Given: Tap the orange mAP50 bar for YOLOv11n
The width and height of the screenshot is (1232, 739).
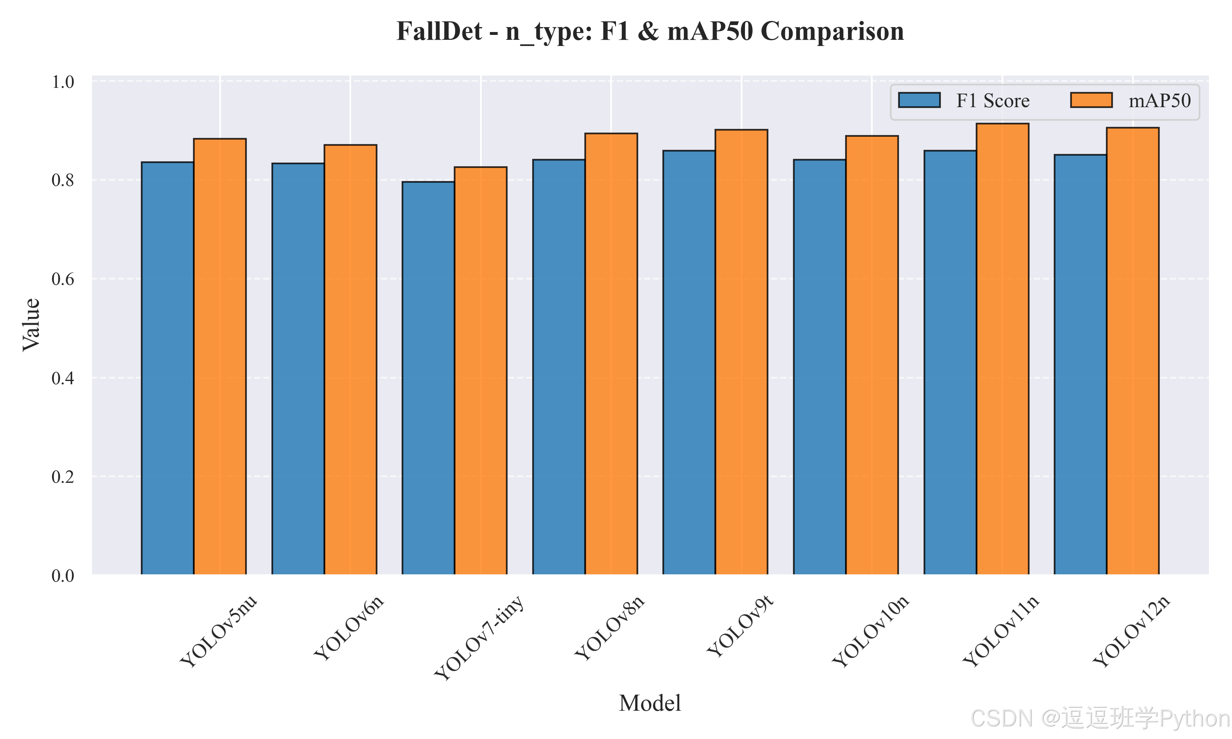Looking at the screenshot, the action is click(x=1002, y=349).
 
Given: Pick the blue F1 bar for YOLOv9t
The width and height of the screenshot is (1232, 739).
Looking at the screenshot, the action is click(x=689, y=363).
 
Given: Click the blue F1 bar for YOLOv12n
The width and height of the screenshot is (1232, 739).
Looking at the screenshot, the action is click(x=1080, y=365).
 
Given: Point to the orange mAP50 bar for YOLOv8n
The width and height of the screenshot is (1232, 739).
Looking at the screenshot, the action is click(x=611, y=354).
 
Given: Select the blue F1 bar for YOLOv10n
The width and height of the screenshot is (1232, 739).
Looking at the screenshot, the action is click(x=820, y=367).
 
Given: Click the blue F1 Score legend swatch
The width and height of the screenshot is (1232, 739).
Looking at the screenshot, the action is click(x=919, y=100).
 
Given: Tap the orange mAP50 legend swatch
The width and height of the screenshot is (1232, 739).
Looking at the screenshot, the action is click(x=1091, y=100).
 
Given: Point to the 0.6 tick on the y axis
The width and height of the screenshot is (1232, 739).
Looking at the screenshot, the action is click(x=63, y=279).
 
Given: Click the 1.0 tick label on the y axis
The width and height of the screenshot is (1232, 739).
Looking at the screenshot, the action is click(x=63, y=82).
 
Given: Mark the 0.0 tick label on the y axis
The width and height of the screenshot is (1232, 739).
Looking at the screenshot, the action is click(x=63, y=576).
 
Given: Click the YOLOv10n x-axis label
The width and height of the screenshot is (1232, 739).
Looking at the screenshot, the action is click(x=871, y=631).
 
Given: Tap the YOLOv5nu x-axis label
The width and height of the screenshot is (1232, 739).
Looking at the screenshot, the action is click(x=218, y=631).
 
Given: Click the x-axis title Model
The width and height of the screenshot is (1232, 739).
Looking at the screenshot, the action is click(x=650, y=703).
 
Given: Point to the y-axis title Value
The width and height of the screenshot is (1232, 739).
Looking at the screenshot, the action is click(x=31, y=325).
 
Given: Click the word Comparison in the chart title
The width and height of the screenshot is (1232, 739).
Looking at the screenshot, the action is click(x=832, y=31).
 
